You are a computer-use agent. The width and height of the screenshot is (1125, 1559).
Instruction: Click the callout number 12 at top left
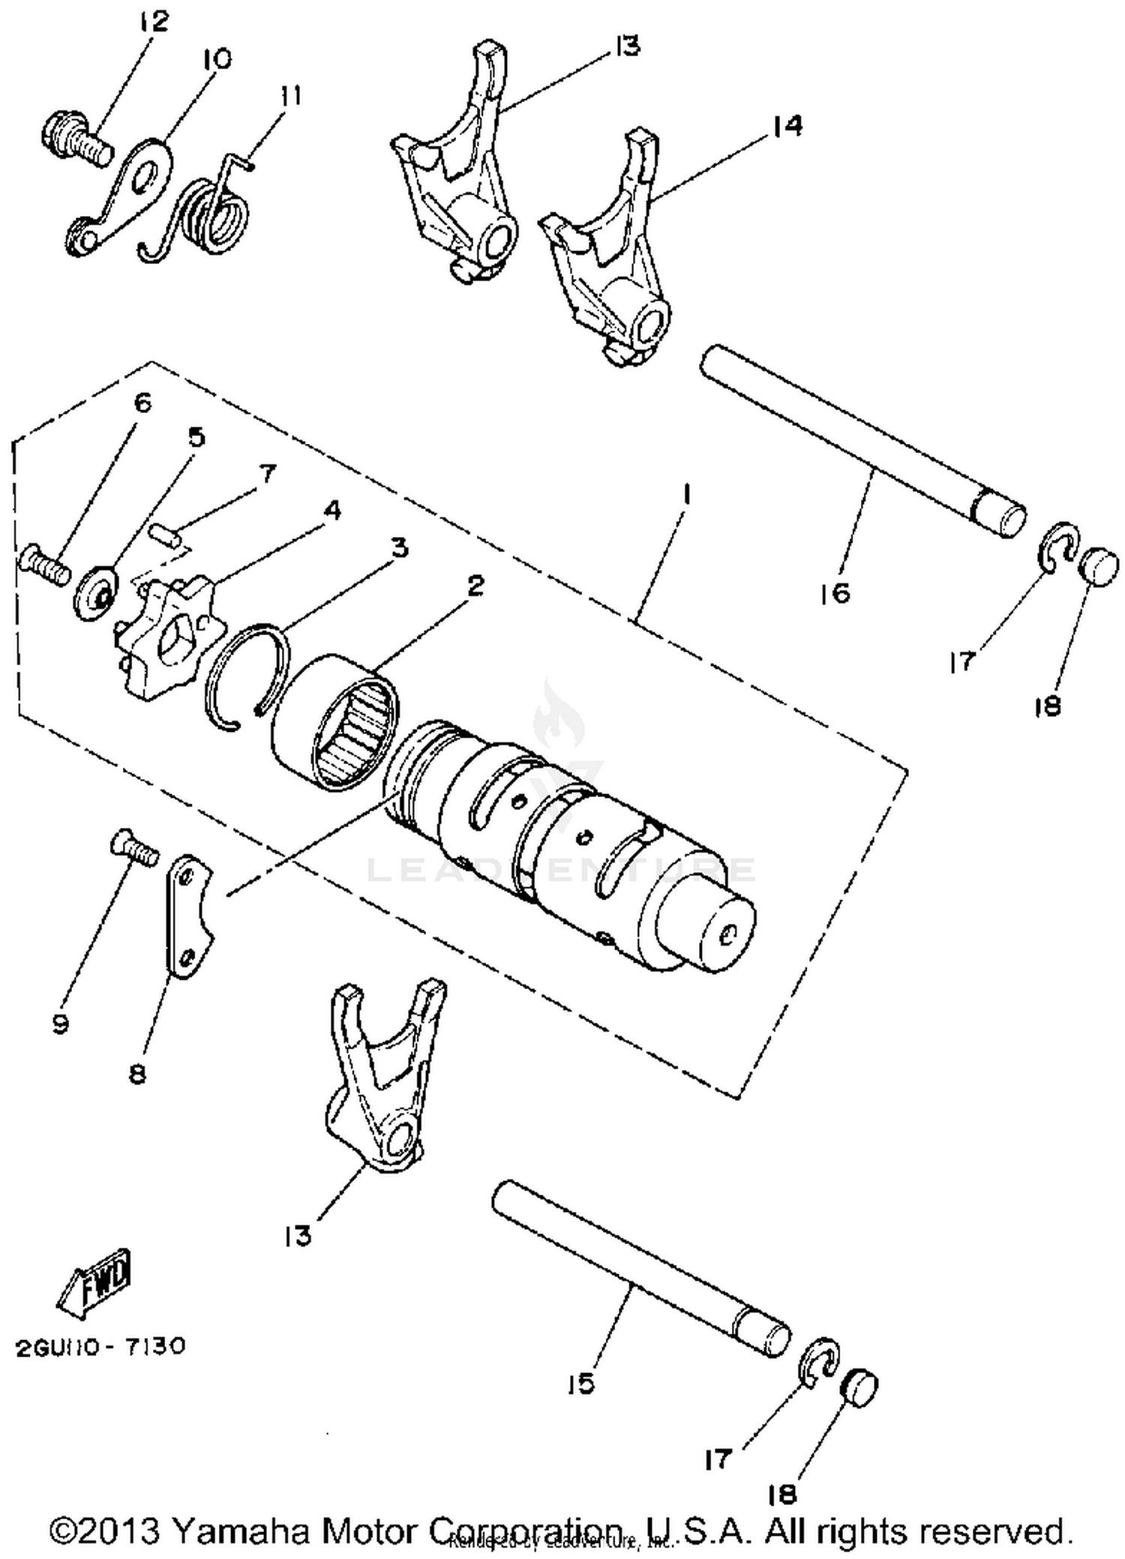153,21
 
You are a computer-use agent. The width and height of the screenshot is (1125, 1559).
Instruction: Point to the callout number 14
785,124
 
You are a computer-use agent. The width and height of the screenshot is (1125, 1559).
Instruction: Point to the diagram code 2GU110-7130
100,1347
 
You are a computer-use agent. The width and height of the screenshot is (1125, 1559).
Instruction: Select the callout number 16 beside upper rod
836,593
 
